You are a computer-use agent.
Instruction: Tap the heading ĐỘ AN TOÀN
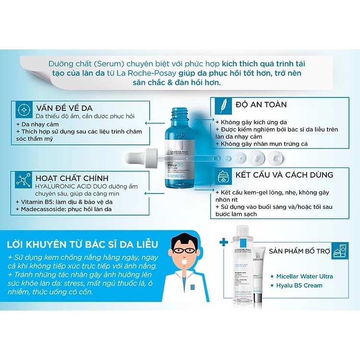(261, 104)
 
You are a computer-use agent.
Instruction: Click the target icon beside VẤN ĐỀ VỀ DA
(24, 110)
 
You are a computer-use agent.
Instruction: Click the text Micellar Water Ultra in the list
(304, 276)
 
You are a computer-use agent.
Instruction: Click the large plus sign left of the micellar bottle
(222, 242)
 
